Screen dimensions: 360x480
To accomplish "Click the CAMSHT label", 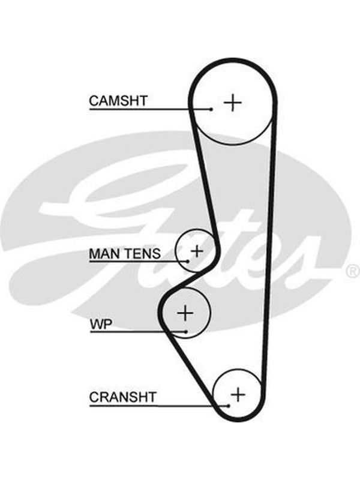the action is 118,100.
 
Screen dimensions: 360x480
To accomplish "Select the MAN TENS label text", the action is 125,253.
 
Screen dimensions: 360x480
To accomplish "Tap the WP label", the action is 101,324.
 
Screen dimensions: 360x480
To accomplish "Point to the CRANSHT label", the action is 122,397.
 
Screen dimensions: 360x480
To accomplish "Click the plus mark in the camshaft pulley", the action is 233,102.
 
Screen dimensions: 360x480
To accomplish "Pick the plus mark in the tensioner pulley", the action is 197,251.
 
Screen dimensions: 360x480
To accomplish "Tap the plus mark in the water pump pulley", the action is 185,313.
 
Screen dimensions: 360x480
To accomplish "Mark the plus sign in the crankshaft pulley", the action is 238,394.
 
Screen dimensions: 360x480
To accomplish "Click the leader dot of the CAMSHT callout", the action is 211,109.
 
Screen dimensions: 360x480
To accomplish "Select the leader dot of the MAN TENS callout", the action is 188,261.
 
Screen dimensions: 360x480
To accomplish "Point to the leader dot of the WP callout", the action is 186,332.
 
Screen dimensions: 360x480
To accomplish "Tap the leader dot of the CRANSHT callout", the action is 229,406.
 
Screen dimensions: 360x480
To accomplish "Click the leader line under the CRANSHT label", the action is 159,406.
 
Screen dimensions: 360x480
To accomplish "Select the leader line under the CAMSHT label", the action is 151,109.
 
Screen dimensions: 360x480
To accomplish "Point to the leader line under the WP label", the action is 138,332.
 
